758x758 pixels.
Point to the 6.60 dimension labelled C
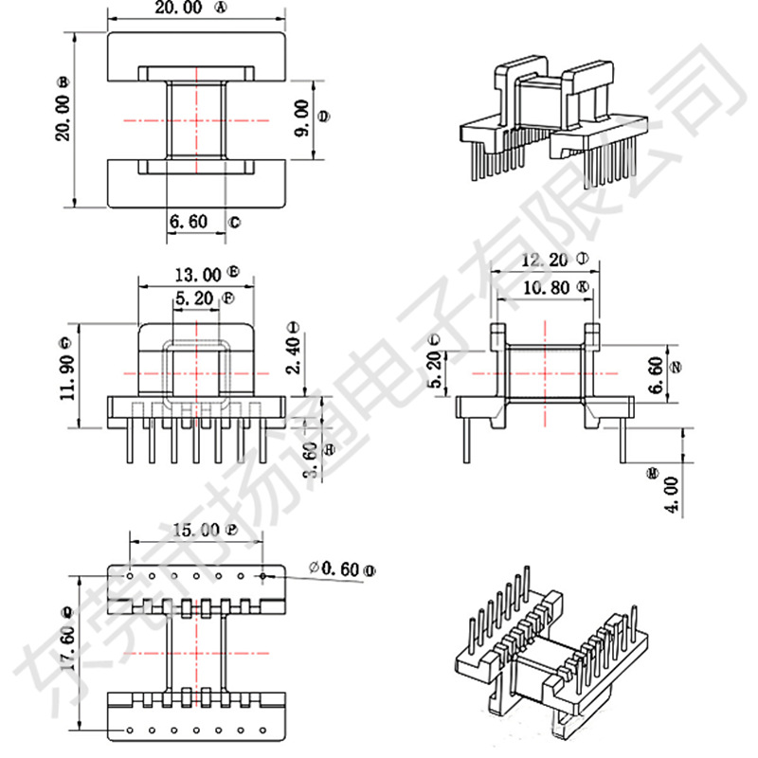click(x=189, y=222)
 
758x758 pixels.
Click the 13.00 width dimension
click(x=197, y=275)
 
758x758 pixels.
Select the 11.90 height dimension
click(x=64, y=373)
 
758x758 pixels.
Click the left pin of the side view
click(x=467, y=440)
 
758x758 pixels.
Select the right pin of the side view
click(x=623, y=440)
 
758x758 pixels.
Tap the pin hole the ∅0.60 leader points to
click(x=262, y=574)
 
